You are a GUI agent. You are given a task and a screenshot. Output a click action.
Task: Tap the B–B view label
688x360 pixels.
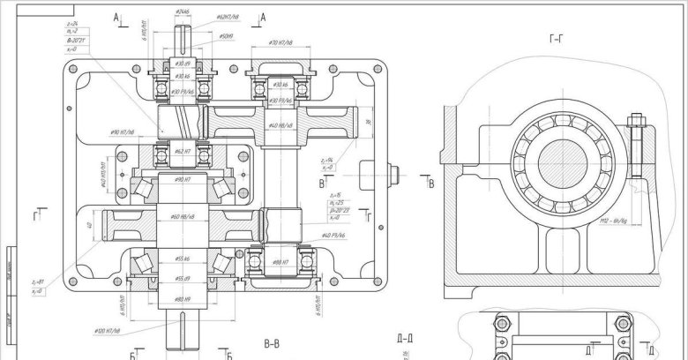[x=271, y=342]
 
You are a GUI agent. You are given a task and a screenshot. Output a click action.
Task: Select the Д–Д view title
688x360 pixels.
[x=407, y=338]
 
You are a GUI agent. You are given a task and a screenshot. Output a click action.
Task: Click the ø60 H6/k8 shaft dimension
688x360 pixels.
[x=181, y=216]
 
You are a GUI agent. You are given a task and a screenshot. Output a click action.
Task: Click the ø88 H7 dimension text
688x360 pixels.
[x=281, y=261]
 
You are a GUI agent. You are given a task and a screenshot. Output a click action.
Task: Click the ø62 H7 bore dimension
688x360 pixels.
[x=183, y=152]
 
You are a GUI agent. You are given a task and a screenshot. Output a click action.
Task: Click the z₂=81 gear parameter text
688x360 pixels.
[x=37, y=281]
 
